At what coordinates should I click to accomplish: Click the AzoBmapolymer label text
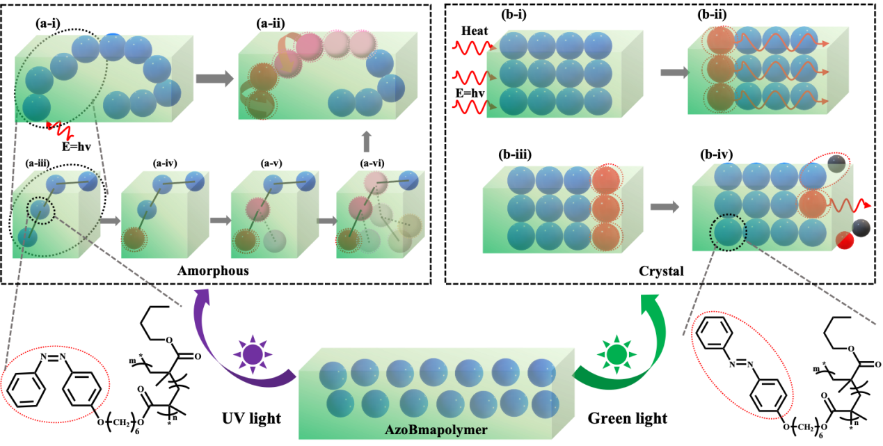(436, 429)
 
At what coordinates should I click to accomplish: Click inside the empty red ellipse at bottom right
(742, 365)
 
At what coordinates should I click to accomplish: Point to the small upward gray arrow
(367, 142)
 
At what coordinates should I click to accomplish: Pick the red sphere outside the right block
(845, 241)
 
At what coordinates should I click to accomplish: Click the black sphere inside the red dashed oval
(836, 164)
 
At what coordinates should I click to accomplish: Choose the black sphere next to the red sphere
(861, 228)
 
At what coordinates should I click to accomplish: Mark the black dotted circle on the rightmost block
(728, 231)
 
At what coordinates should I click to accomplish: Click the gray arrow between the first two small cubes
(110, 221)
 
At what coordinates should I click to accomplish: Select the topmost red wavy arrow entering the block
(472, 47)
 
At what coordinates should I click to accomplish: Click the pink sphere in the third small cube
(256, 209)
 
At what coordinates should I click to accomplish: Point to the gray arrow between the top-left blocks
(214, 78)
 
